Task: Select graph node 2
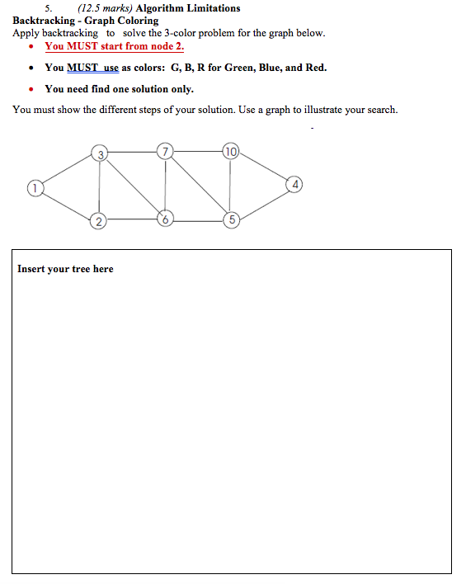coord(99,220)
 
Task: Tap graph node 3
coord(100,153)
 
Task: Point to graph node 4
coord(295,182)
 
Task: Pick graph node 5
coord(232,220)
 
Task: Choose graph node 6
coord(166,220)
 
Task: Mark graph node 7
coord(167,152)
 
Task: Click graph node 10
coord(230,152)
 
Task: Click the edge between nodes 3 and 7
coord(133,152)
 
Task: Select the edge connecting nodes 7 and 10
coord(198,152)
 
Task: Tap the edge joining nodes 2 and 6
coord(132,220)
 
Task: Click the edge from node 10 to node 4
coord(263,167)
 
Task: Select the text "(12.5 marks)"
coord(105,8)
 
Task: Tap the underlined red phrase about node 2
coord(114,46)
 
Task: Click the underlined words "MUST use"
coord(92,68)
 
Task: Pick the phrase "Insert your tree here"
coord(65,269)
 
